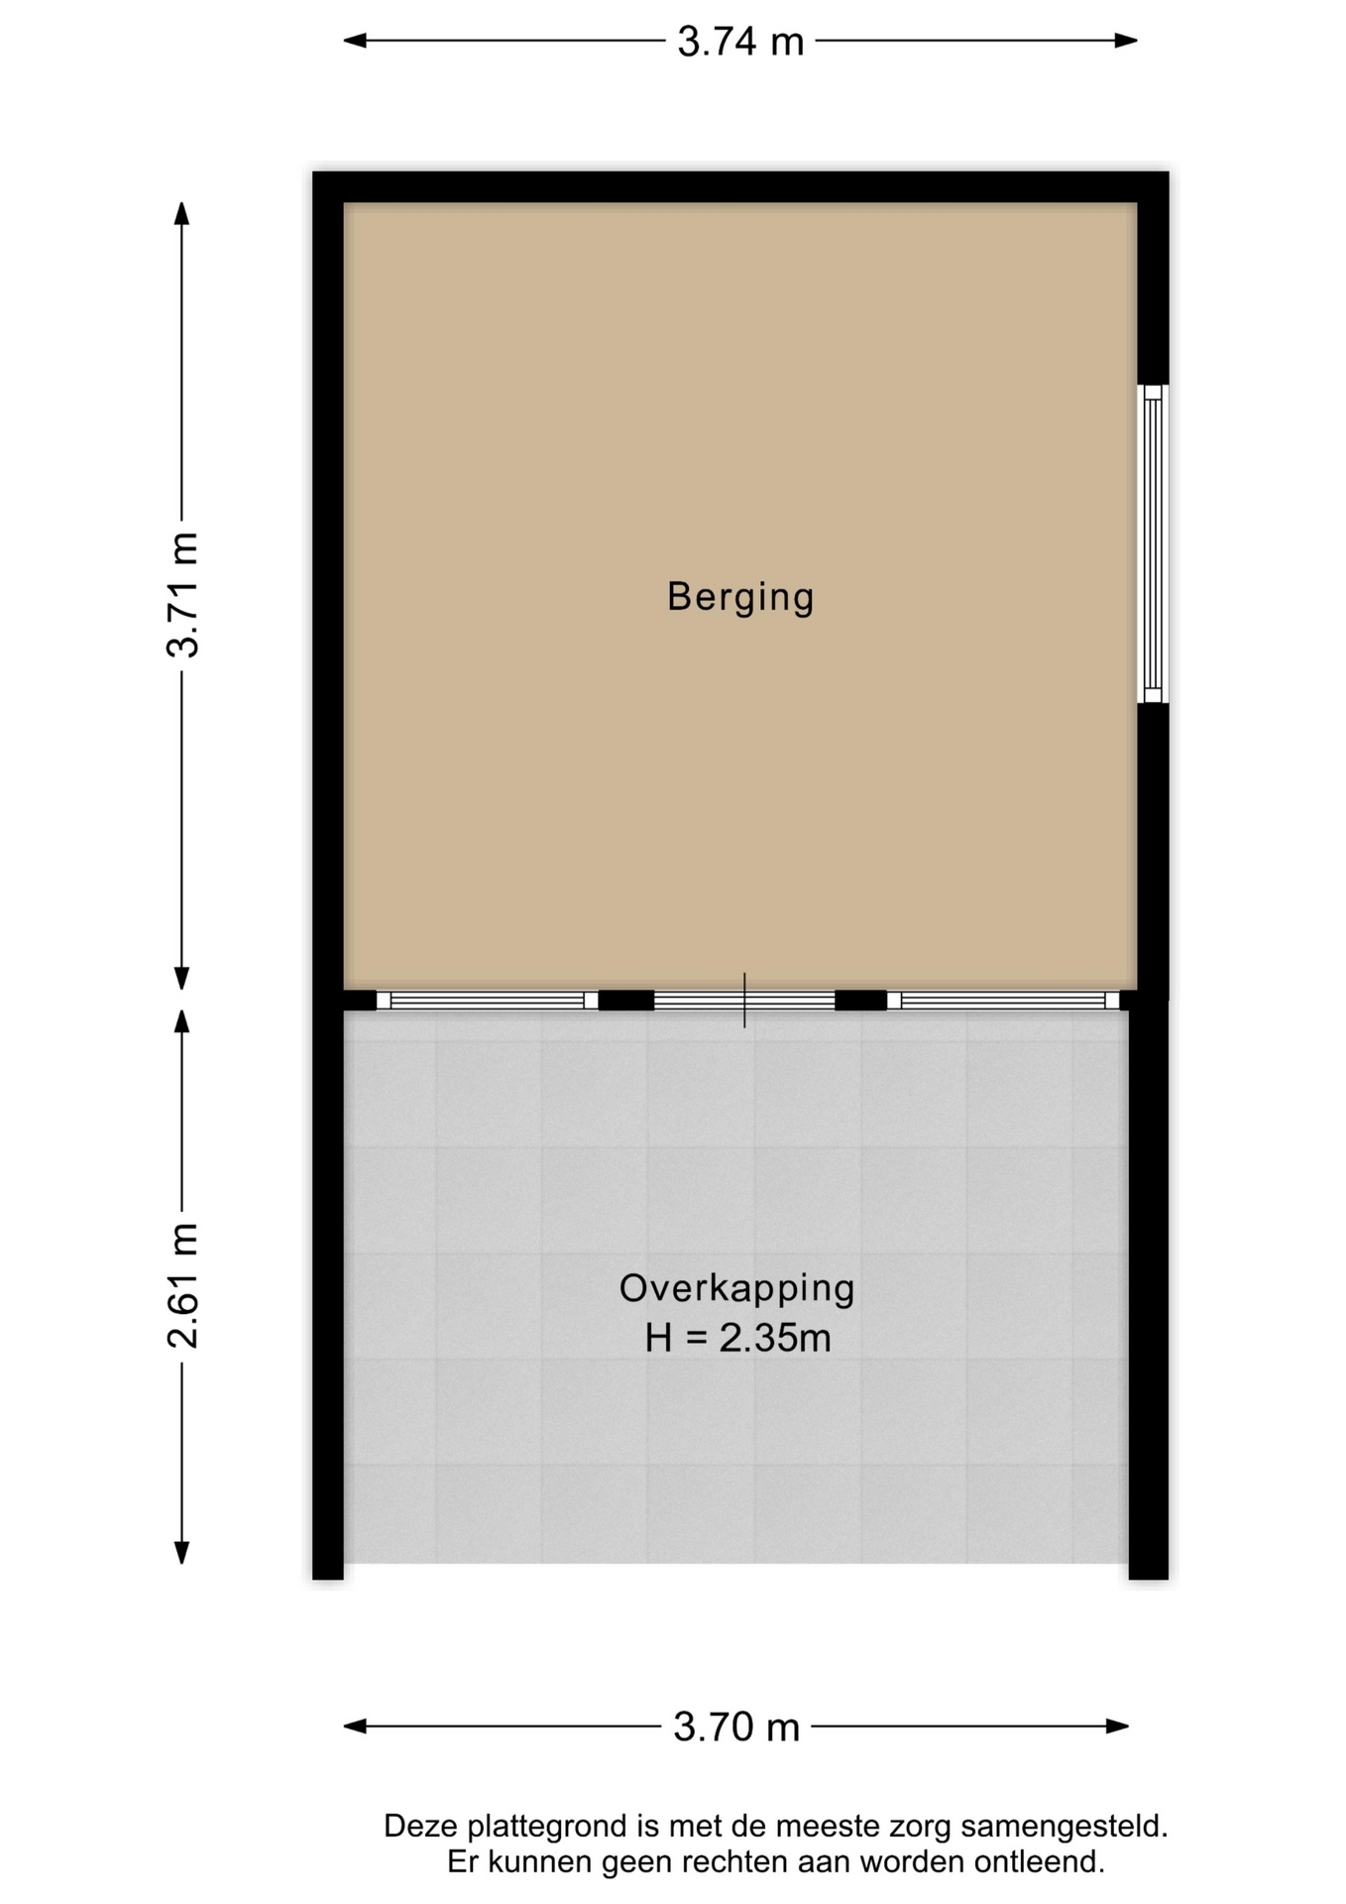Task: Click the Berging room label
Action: (x=740, y=597)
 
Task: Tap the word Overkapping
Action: (x=736, y=1288)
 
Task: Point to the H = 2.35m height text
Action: (x=737, y=1339)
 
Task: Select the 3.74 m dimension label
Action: (x=740, y=42)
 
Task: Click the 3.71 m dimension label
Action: (x=183, y=595)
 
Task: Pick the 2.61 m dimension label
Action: (x=183, y=1286)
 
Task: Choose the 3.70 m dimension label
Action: (x=736, y=1727)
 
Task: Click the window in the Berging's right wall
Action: (x=1152, y=543)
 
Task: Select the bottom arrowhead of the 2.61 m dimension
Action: (x=181, y=1552)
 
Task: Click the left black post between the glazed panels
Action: (x=626, y=1001)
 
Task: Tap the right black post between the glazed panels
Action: (x=861, y=1001)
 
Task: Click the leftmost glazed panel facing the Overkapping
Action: (x=488, y=1001)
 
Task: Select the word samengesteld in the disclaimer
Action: (x=1064, y=1827)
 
